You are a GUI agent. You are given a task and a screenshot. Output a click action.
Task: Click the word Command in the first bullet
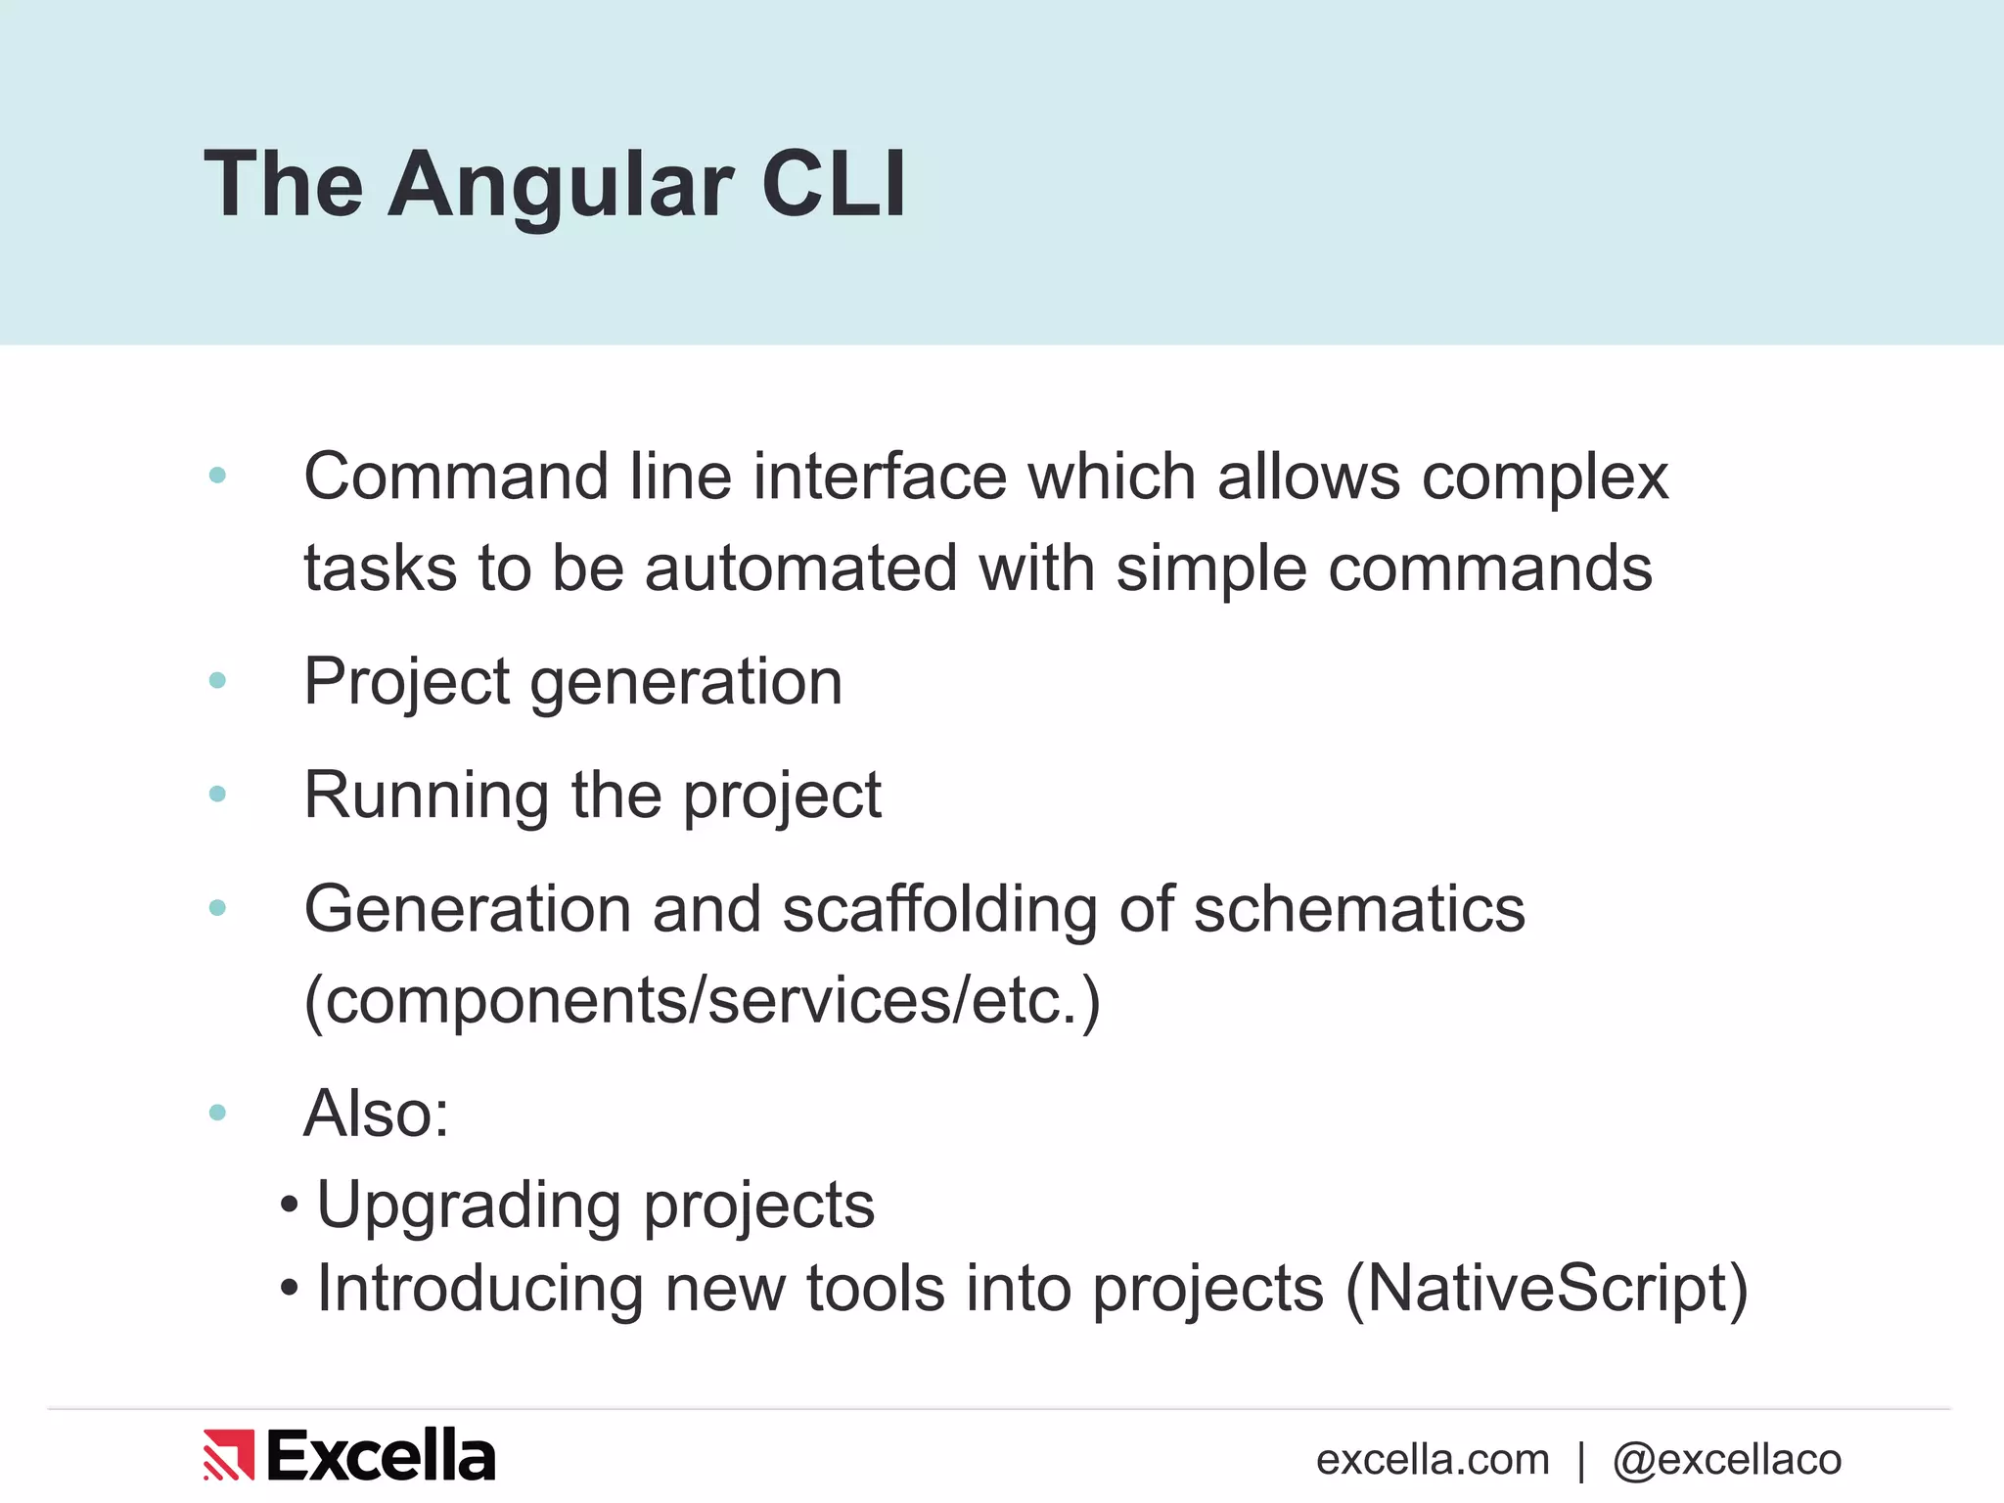pyautogui.click(x=456, y=478)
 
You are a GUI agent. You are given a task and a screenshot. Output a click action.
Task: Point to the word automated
pyautogui.click(x=800, y=569)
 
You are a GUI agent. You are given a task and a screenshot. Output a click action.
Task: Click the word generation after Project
pyautogui.click(x=685, y=683)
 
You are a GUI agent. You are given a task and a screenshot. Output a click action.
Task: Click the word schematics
pyautogui.click(x=1359, y=910)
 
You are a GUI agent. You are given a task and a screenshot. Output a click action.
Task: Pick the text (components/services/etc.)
pyautogui.click(x=703, y=1001)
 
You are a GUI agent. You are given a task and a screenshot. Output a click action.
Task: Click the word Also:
pyautogui.click(x=377, y=1114)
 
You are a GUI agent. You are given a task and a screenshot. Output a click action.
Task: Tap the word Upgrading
pyautogui.click(x=470, y=1206)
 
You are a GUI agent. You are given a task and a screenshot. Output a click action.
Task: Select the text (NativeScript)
pyautogui.click(x=1547, y=1289)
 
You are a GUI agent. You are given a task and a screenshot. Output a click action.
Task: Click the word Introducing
pyautogui.click(x=480, y=1289)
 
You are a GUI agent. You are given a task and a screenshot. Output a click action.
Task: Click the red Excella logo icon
pyautogui.click(x=229, y=1455)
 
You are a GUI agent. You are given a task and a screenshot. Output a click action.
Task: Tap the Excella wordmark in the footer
pyautogui.click(x=381, y=1455)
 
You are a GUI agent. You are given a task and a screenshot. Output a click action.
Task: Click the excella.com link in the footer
pyautogui.click(x=1433, y=1460)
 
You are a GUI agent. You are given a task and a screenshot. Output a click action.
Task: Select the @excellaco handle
pyautogui.click(x=1727, y=1460)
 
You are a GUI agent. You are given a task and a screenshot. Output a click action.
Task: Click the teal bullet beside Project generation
pyautogui.click(x=217, y=680)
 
